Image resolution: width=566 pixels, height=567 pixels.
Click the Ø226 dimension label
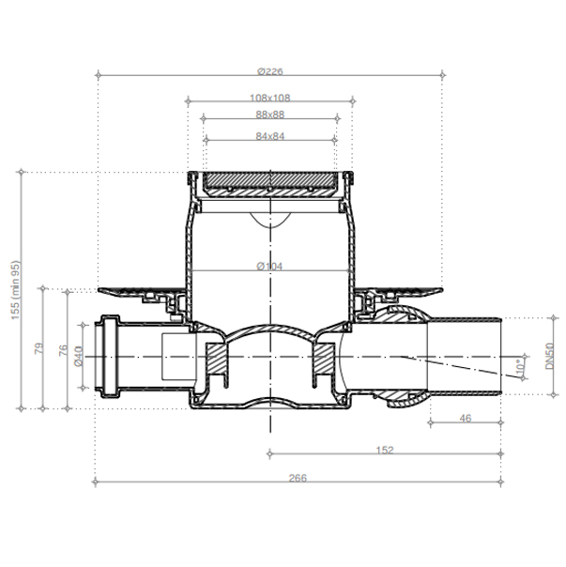coord(270,71)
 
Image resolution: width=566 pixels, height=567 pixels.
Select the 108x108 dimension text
coord(270,98)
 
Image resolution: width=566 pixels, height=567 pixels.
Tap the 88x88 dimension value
coord(270,115)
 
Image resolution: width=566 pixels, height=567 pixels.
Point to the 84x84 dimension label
coord(270,136)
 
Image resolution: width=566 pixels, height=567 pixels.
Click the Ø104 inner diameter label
coord(269,267)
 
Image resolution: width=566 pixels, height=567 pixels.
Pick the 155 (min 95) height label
coord(16,290)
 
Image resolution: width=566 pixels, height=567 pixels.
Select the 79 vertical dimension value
coord(38,348)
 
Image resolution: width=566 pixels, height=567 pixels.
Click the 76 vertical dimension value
coord(63,350)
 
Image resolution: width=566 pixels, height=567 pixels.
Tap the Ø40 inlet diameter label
coord(79,356)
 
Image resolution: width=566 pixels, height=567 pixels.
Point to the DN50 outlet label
coord(550,356)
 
